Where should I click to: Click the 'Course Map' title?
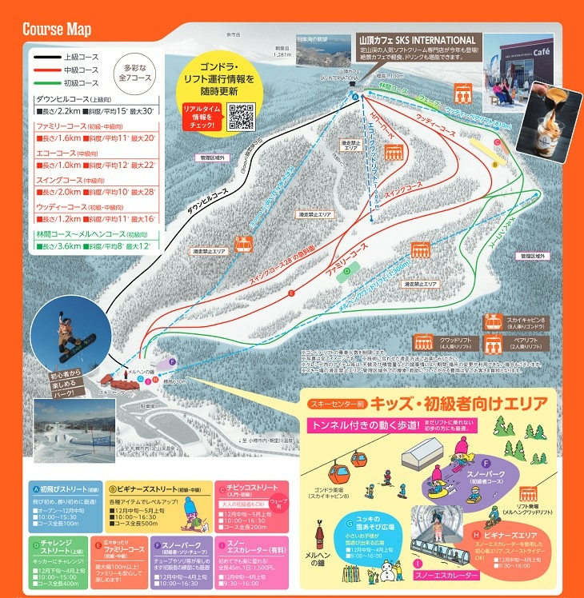[57, 30]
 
